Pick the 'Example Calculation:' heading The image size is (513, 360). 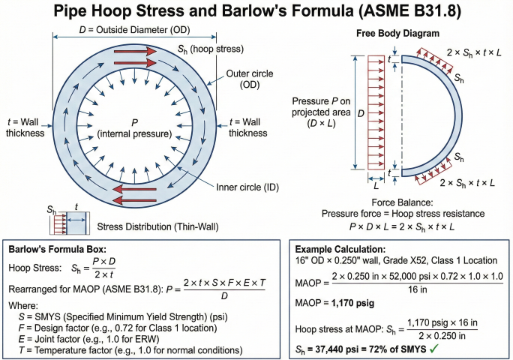[340, 249]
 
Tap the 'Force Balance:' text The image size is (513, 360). [403, 203]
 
